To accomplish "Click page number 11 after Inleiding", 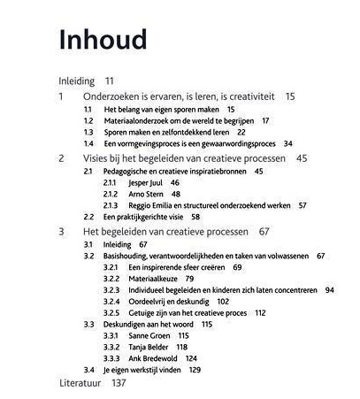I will (109, 80).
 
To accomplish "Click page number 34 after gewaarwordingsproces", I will (288, 143).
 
